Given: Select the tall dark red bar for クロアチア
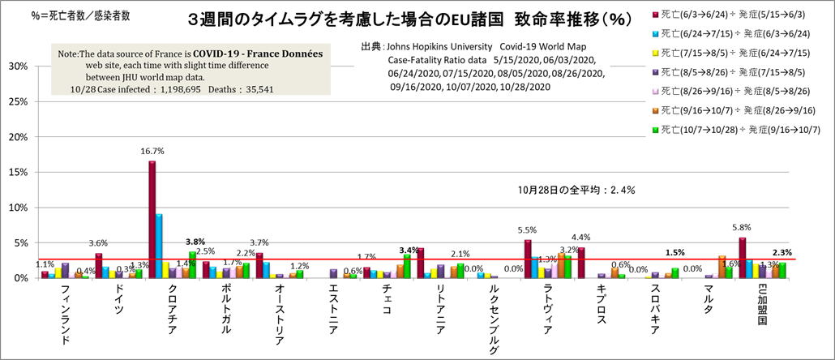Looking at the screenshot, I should click(152, 219).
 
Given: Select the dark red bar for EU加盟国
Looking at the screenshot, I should click(743, 258).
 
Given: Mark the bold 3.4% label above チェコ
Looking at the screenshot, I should click(409, 250).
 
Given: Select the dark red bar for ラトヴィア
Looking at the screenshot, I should click(528, 259).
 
